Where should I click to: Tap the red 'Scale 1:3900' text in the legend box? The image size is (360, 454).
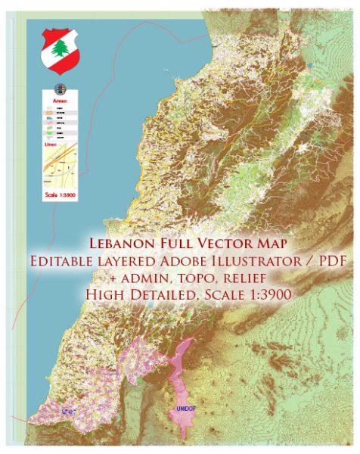pos(60,197)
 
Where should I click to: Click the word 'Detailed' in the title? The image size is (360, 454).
pos(166,294)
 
